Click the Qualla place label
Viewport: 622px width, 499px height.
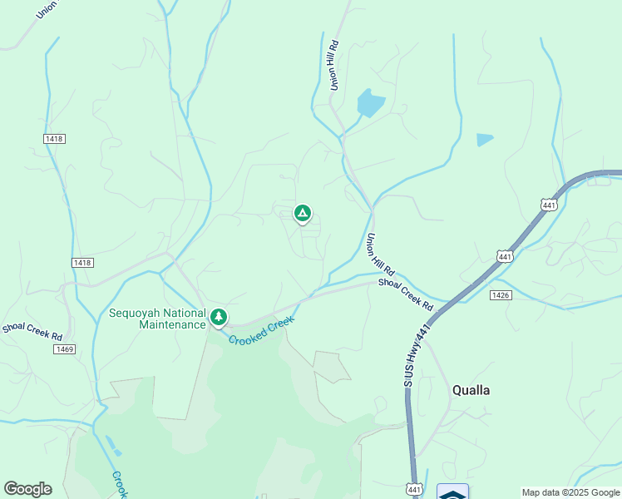coord(471,390)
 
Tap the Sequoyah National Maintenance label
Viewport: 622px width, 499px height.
coord(157,319)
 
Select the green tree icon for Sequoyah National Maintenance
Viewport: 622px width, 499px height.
coord(219,317)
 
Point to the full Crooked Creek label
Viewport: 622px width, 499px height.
coord(262,330)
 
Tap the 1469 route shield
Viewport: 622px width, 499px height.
coord(66,349)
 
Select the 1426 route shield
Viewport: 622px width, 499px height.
coord(501,295)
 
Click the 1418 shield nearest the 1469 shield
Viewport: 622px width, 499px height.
coord(82,263)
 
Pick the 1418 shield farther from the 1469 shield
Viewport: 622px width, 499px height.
coord(55,138)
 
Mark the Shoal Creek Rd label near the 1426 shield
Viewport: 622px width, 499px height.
coord(407,294)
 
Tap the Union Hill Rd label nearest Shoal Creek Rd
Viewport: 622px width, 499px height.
coord(378,254)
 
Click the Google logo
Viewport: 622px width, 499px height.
coord(27,489)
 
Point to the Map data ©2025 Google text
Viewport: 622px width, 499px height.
coord(570,492)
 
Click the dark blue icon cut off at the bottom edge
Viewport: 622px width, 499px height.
coord(452,492)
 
